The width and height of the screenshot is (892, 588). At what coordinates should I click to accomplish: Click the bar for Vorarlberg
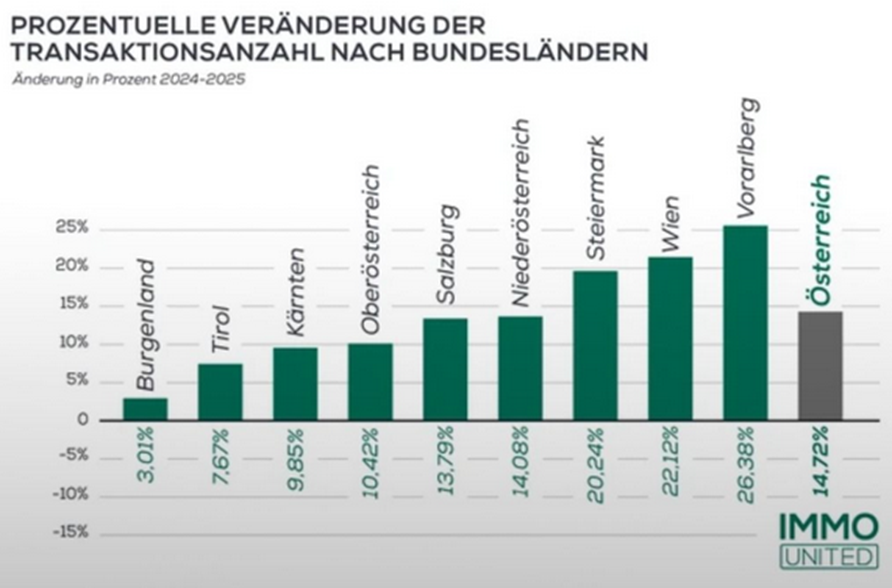745,322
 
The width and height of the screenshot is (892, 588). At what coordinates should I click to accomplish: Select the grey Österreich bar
820,366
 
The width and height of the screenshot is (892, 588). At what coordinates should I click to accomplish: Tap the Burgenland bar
145,409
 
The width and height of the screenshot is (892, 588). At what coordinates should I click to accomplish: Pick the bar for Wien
670,338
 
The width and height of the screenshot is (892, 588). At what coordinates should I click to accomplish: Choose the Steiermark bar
595,345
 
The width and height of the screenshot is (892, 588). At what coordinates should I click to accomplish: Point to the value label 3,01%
146,455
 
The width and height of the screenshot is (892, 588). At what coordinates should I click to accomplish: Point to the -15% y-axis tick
70,532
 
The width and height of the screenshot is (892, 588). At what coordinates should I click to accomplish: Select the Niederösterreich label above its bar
520,212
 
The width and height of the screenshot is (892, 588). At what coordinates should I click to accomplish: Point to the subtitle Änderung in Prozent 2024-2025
127,80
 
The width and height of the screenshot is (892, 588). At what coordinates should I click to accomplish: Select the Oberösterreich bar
370,381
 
